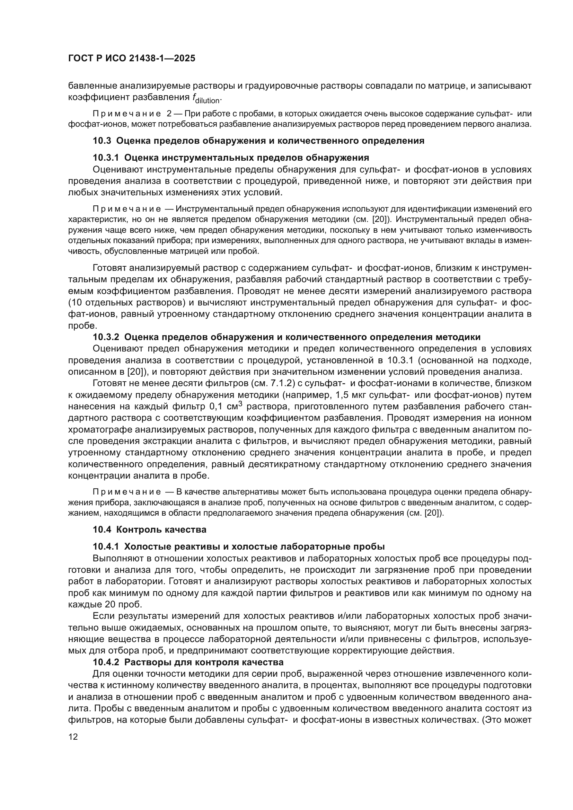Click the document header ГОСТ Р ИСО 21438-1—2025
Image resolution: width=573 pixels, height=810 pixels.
(x=132, y=59)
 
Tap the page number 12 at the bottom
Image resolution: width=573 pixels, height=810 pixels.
(x=73, y=737)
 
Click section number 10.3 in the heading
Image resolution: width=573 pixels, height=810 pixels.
(x=102, y=141)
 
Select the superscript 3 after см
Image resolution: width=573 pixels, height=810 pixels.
(x=240, y=404)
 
